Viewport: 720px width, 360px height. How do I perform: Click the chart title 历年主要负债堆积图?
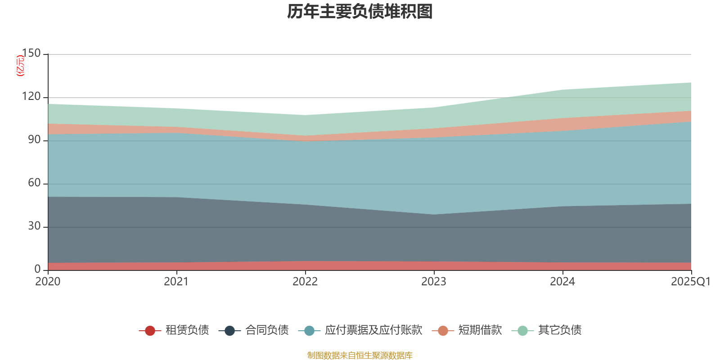click(x=360, y=12)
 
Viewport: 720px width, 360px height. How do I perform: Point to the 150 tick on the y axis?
click(x=31, y=53)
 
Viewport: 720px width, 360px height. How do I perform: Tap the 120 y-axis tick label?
click(x=31, y=96)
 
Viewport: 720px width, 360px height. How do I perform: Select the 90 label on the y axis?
click(x=34, y=139)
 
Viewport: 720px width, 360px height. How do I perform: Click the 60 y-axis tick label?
click(x=34, y=183)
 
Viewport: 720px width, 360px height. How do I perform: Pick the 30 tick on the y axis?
click(x=34, y=226)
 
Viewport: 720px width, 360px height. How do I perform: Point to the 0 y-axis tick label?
click(x=37, y=269)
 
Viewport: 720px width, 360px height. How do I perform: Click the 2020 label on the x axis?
click(x=48, y=282)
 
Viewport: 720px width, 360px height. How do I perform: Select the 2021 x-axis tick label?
click(x=176, y=282)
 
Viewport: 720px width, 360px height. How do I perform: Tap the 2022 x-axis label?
click(x=305, y=282)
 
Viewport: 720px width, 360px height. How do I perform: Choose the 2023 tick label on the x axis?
click(x=434, y=282)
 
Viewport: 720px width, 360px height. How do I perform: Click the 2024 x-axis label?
click(x=562, y=282)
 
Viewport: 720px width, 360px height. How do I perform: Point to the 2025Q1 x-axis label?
click(x=690, y=282)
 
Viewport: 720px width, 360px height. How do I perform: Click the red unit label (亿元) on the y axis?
click(x=20, y=66)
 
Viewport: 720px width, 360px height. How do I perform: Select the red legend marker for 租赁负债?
click(x=150, y=331)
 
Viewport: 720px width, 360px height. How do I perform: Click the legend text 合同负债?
click(x=267, y=330)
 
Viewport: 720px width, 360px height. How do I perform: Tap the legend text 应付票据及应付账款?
click(x=373, y=330)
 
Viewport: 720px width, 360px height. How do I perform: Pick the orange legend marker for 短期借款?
click(x=443, y=331)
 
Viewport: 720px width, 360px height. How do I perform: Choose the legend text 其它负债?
click(x=560, y=330)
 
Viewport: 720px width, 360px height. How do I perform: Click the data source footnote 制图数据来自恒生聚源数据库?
click(x=360, y=355)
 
